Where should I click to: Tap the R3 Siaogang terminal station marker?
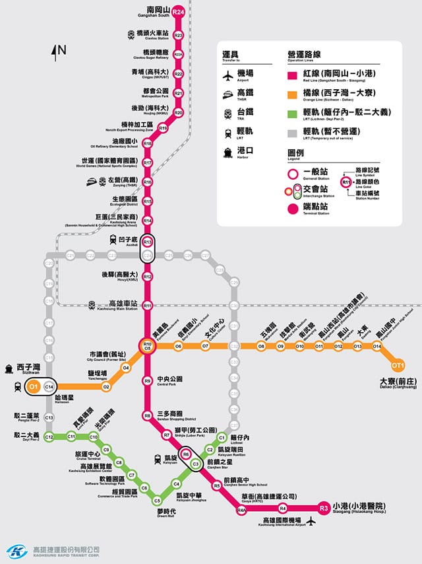323,508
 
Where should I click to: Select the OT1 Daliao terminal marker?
398,365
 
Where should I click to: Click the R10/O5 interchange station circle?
148,345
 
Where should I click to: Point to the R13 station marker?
148,242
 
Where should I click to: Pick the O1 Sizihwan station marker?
32,386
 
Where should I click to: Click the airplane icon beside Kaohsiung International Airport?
311,522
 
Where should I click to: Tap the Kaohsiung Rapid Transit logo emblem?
16,551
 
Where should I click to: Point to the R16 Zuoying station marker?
148,182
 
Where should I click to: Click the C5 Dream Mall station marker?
157,499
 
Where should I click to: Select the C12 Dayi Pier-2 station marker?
48,437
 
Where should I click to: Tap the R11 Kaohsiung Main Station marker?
148,305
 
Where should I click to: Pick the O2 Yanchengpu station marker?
106,386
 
